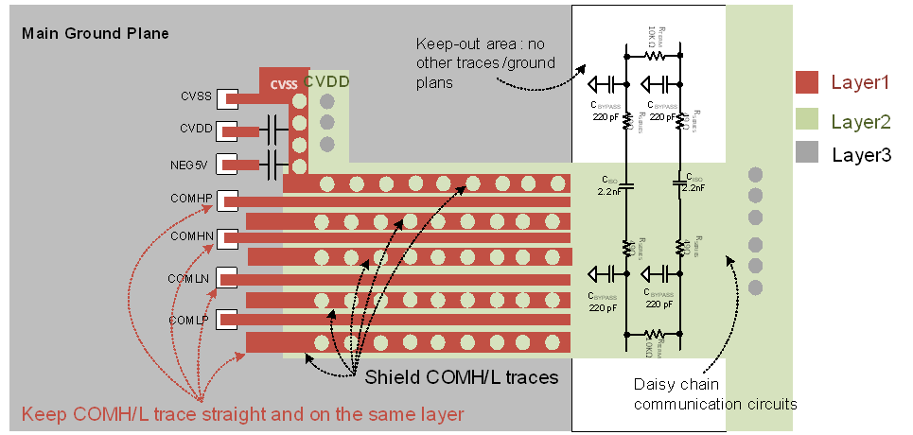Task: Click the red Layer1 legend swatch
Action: pyautogui.click(x=807, y=83)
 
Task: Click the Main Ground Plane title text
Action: pyautogui.click(x=95, y=34)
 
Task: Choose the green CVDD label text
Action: pyautogui.click(x=326, y=82)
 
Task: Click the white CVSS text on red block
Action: pyautogui.click(x=283, y=84)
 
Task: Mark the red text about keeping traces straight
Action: pyautogui.click(x=242, y=414)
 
